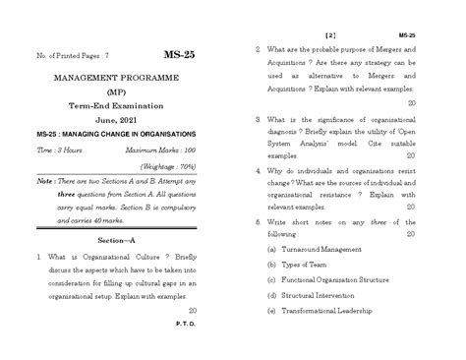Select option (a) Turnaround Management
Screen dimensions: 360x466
[319, 251]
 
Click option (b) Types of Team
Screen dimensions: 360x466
[299, 266]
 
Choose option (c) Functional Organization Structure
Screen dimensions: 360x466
[335, 280]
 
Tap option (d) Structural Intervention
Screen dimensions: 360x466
[314, 295]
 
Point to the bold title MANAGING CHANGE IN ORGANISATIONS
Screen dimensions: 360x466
[133, 133]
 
